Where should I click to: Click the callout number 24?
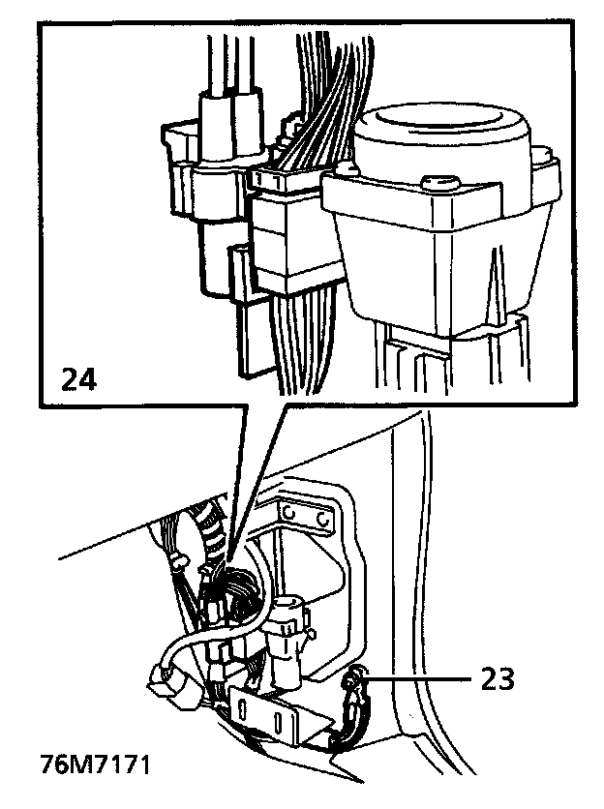pyautogui.click(x=80, y=377)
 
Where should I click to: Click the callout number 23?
pyautogui.click(x=497, y=680)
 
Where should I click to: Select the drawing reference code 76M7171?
pyautogui.click(x=95, y=764)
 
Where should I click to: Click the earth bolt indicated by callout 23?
pyautogui.click(x=355, y=681)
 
